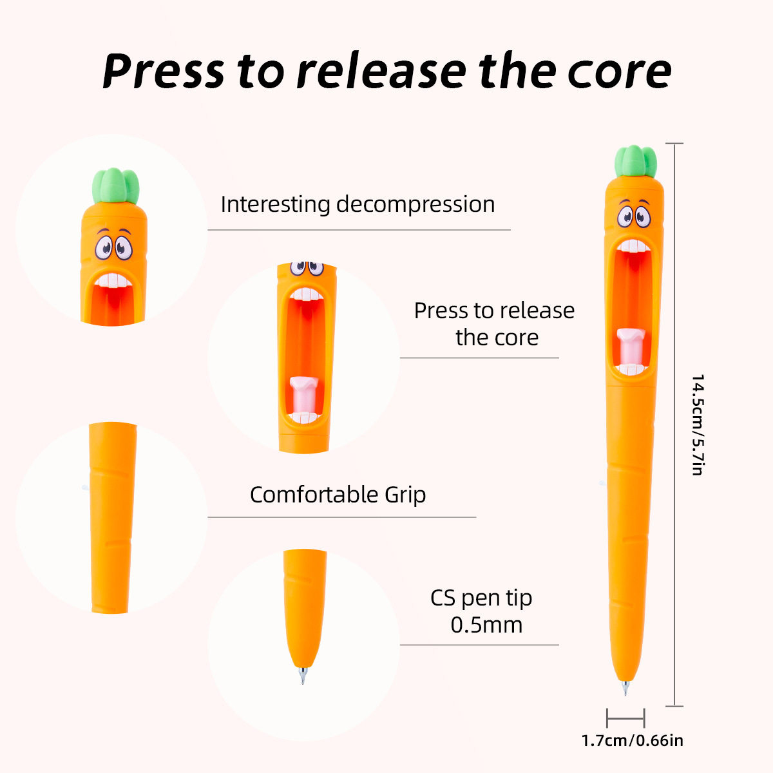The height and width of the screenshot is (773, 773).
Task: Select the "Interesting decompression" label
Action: pos(358,204)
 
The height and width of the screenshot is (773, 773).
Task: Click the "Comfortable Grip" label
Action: pos(338,495)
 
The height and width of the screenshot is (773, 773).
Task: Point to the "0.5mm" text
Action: pos(486,625)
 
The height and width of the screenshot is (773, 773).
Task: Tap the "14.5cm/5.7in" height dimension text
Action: pos(696,425)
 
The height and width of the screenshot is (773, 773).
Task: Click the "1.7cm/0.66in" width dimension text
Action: pos(632,741)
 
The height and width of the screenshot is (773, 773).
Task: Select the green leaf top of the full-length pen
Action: pos(636,161)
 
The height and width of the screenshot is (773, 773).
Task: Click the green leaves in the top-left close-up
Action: pos(116,186)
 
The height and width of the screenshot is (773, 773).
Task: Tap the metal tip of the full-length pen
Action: pos(624,687)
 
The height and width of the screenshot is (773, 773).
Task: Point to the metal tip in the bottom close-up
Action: pos(303,676)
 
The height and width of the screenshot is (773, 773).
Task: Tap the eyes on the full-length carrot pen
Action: pos(634,216)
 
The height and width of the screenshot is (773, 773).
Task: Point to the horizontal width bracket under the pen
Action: pos(625,718)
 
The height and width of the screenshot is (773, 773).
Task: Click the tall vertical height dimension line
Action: pos(674,425)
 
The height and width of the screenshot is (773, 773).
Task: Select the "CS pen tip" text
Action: pos(481,598)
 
